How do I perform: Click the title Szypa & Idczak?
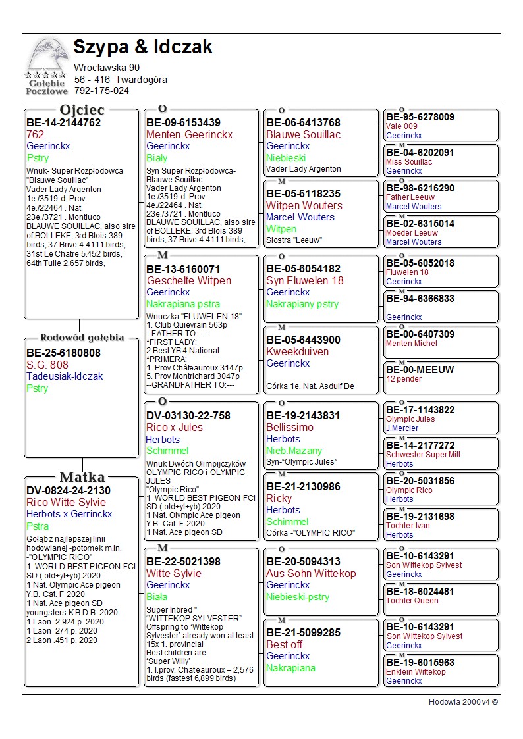click(x=143, y=47)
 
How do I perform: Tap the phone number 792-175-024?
click(x=101, y=91)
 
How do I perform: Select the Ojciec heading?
click(x=82, y=110)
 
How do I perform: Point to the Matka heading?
click(x=82, y=477)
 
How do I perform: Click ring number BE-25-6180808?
click(x=63, y=353)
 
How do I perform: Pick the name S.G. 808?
click(x=47, y=365)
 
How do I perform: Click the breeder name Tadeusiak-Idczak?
click(x=65, y=376)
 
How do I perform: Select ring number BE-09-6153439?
click(x=183, y=123)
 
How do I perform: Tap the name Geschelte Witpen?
click(x=188, y=281)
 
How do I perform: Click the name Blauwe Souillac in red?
click(x=303, y=134)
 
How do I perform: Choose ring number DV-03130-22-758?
click(x=188, y=416)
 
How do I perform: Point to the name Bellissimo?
click(x=290, y=427)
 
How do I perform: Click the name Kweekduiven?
click(x=297, y=351)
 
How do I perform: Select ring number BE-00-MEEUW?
click(x=420, y=370)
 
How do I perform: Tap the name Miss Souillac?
click(x=409, y=162)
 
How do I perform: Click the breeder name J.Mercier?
click(x=402, y=428)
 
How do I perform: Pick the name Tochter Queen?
click(x=412, y=601)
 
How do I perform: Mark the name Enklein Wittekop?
click(x=416, y=672)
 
